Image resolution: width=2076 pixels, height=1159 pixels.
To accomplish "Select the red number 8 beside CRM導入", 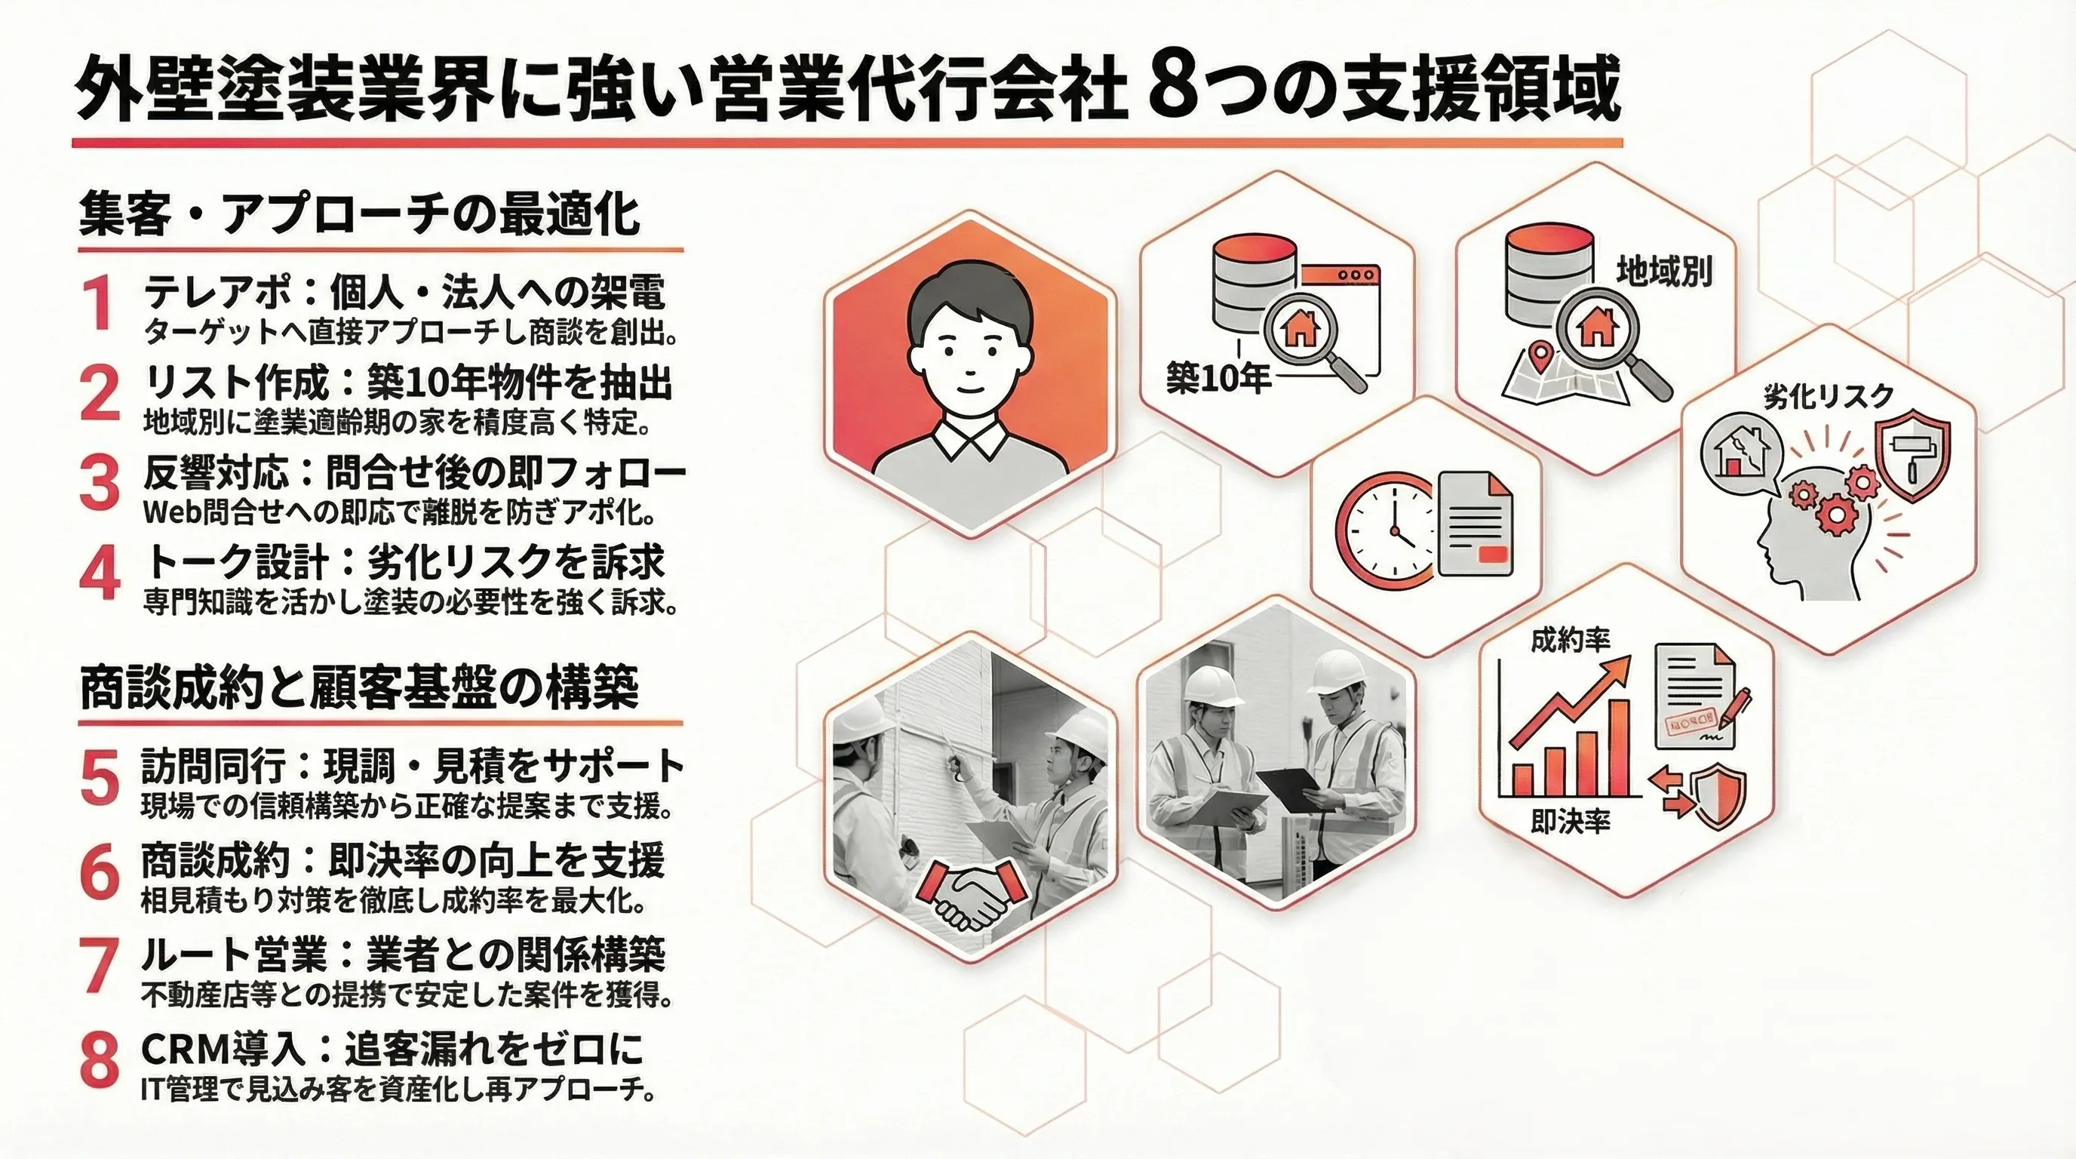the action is (100, 1060).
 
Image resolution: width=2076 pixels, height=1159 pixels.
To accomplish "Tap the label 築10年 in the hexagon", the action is (1218, 377).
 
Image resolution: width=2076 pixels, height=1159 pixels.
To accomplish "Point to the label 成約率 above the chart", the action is (1571, 641).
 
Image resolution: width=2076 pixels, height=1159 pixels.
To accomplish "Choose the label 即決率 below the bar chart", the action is (1571, 820).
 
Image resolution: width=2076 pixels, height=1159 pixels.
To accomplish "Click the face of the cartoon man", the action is (969, 352).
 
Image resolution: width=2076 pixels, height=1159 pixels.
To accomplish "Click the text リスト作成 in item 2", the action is (236, 382).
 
